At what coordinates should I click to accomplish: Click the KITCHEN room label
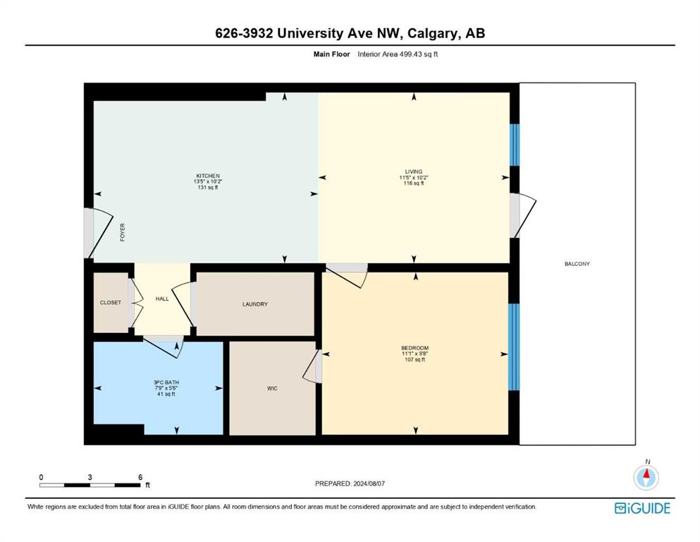click(208, 176)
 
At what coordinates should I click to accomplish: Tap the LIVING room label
click(413, 171)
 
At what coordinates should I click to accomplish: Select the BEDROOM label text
click(415, 348)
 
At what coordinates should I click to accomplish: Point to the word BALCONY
click(577, 264)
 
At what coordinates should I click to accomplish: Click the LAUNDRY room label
click(255, 304)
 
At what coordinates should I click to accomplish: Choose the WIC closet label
click(272, 388)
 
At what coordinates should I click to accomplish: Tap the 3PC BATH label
click(166, 383)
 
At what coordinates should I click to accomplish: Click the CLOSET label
click(110, 303)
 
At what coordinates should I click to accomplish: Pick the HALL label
click(162, 299)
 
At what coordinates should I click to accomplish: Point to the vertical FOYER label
click(123, 232)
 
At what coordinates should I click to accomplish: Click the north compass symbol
click(646, 477)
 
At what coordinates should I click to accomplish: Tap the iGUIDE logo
click(642, 509)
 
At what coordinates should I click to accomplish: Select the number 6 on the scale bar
click(140, 477)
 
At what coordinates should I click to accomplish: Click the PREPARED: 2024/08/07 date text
click(350, 483)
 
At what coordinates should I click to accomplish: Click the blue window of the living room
click(515, 145)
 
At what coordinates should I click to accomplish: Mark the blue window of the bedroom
click(514, 347)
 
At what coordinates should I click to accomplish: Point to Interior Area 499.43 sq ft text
click(398, 54)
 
